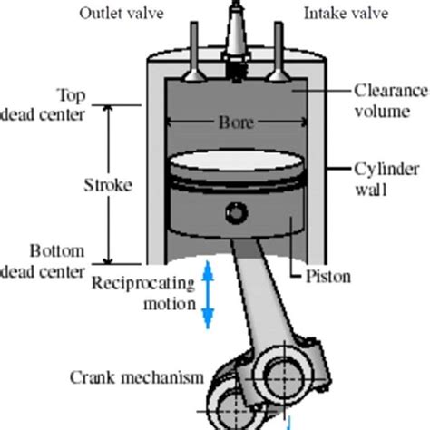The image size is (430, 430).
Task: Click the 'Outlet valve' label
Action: click(x=147, y=14)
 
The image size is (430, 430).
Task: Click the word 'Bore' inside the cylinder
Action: click(x=236, y=122)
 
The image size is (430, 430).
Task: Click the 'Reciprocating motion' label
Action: click(x=143, y=293)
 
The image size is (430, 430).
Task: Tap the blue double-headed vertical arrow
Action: click(x=208, y=292)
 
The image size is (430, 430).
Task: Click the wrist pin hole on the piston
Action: click(x=237, y=215)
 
